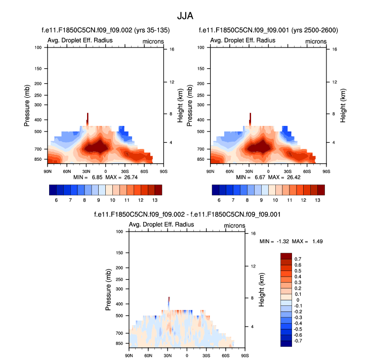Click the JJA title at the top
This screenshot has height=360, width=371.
185,16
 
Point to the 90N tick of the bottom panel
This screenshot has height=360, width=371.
129,356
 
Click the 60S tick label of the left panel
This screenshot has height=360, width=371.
144,171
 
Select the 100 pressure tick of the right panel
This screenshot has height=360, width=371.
202,48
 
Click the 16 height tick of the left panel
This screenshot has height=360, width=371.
172,50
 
